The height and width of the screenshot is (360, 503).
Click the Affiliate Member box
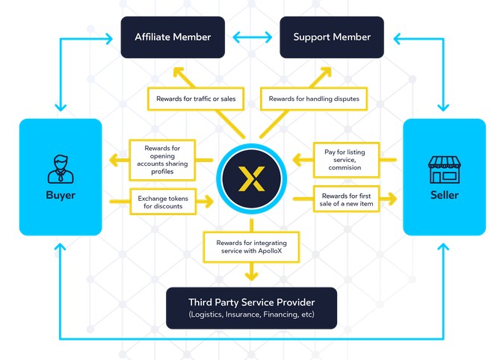(173, 37)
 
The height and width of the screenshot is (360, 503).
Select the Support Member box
(332, 37)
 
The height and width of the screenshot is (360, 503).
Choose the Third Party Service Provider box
(251, 308)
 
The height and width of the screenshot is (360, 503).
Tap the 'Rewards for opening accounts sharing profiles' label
(162, 160)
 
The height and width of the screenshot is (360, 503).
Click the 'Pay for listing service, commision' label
(345, 160)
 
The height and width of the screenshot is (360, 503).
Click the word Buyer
(60, 196)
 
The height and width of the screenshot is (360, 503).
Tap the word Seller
(444, 196)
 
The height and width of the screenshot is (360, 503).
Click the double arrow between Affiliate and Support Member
(252, 36)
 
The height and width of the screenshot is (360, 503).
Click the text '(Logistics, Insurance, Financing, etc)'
(251, 316)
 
